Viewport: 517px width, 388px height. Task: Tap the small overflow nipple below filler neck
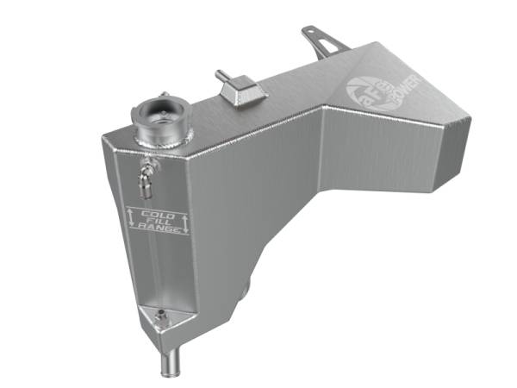[145, 177]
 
